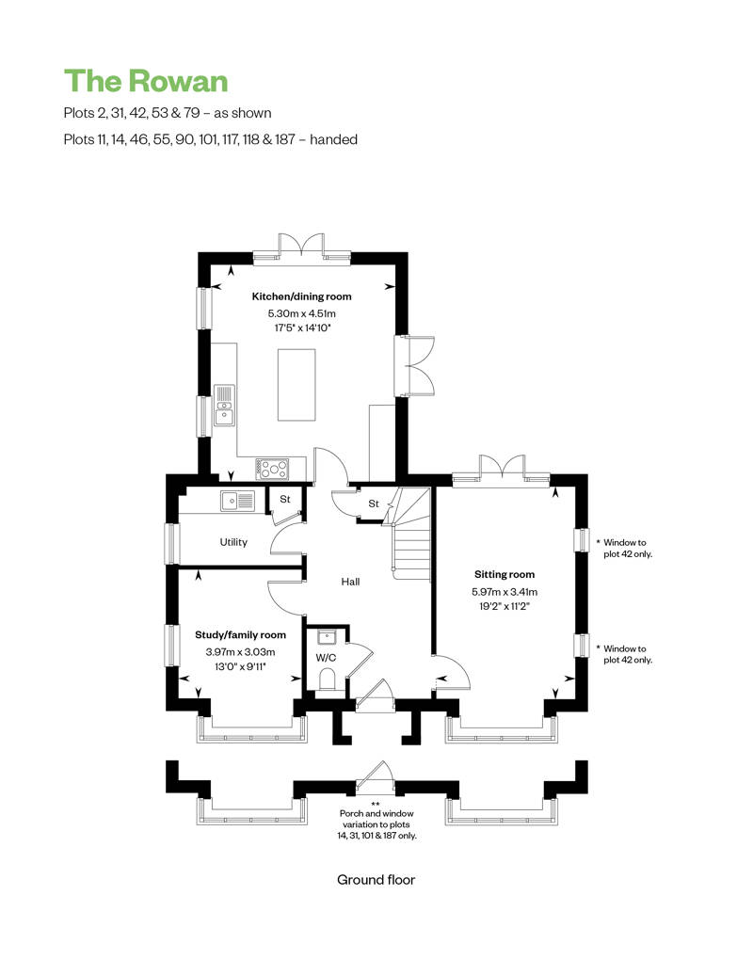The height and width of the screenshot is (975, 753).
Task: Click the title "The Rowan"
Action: tap(146, 82)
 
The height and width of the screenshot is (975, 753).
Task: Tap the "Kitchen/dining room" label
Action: tap(301, 296)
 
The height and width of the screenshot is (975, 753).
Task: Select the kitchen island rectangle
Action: tap(296, 385)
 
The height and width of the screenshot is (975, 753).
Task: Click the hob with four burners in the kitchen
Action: tap(272, 469)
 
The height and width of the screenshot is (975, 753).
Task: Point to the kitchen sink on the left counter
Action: tap(224, 405)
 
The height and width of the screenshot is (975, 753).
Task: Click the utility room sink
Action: tap(237, 500)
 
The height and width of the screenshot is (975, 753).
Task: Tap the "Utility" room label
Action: tap(233, 542)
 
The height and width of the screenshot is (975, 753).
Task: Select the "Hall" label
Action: tap(350, 582)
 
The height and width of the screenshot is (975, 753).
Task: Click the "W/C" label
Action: tap(326, 658)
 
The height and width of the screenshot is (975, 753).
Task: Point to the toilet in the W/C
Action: tap(327, 679)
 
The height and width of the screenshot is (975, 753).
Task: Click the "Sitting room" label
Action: tap(505, 574)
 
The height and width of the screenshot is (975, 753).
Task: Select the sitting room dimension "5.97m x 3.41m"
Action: tap(505, 592)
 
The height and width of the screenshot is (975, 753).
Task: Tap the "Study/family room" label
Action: tap(241, 635)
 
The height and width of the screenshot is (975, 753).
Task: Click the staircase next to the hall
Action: tap(410, 534)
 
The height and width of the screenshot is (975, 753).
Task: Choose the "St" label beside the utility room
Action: tap(285, 500)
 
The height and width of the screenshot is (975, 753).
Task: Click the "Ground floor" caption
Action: tap(376, 880)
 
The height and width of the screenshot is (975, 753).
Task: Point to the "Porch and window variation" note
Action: tap(376, 823)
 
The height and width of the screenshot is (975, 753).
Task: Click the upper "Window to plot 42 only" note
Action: tap(627, 548)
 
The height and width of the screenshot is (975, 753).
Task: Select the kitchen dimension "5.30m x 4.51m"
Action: tap(301, 314)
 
